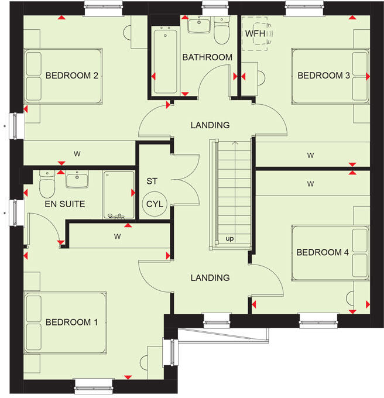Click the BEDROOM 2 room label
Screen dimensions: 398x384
71,76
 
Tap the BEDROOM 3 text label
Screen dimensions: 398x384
324,76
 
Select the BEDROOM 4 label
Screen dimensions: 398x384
323,252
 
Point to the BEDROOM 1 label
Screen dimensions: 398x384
72,322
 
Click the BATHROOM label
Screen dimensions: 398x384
207,57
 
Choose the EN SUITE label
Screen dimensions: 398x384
64,204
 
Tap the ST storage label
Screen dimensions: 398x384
152,181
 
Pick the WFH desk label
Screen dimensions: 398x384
255,34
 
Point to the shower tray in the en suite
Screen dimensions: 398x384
119,194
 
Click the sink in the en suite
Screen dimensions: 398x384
77,179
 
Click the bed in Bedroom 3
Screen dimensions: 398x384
329,76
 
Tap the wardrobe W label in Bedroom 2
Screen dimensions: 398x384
77,154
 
